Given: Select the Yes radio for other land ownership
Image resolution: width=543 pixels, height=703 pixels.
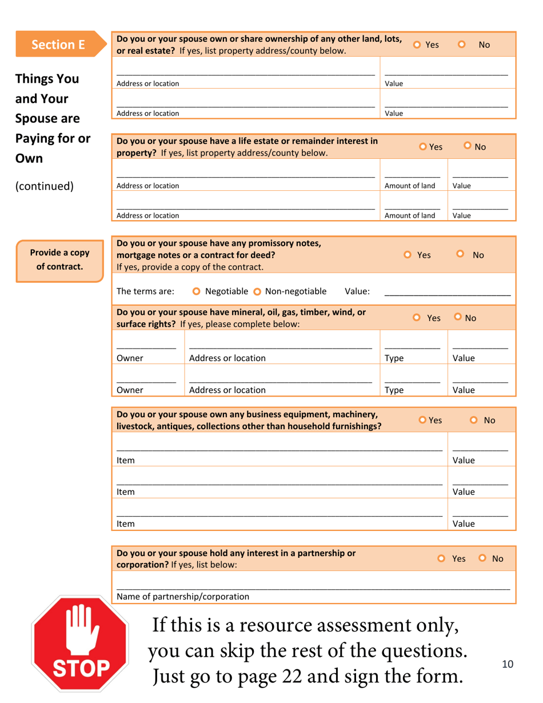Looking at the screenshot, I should click(x=418, y=45).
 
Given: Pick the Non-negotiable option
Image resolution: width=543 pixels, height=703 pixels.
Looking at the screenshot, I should click(x=267, y=291).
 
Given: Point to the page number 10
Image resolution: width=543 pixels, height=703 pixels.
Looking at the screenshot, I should click(x=507, y=664).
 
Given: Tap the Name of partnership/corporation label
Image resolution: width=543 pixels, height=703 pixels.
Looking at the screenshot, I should click(x=183, y=597).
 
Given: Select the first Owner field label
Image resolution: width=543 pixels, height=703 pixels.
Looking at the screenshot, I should click(x=129, y=358).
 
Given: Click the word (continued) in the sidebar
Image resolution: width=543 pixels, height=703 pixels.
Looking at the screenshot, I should click(x=45, y=186).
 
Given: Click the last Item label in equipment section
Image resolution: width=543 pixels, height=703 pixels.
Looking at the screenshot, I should click(x=125, y=523).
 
